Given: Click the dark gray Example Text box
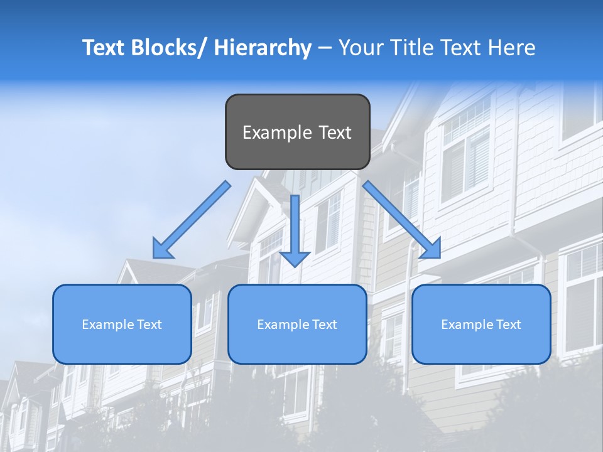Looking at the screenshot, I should (297, 132).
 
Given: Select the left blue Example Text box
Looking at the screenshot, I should (122, 324).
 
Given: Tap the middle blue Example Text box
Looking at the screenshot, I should (297, 324).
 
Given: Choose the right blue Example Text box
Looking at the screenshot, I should (481, 324).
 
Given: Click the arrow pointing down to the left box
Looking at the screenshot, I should (192, 220).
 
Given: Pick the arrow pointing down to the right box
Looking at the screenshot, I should (401, 220).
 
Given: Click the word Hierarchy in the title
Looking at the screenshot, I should (263, 48).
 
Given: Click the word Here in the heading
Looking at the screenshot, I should (513, 48).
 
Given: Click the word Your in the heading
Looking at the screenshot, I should (359, 48).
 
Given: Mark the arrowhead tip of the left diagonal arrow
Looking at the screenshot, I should (155, 256).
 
